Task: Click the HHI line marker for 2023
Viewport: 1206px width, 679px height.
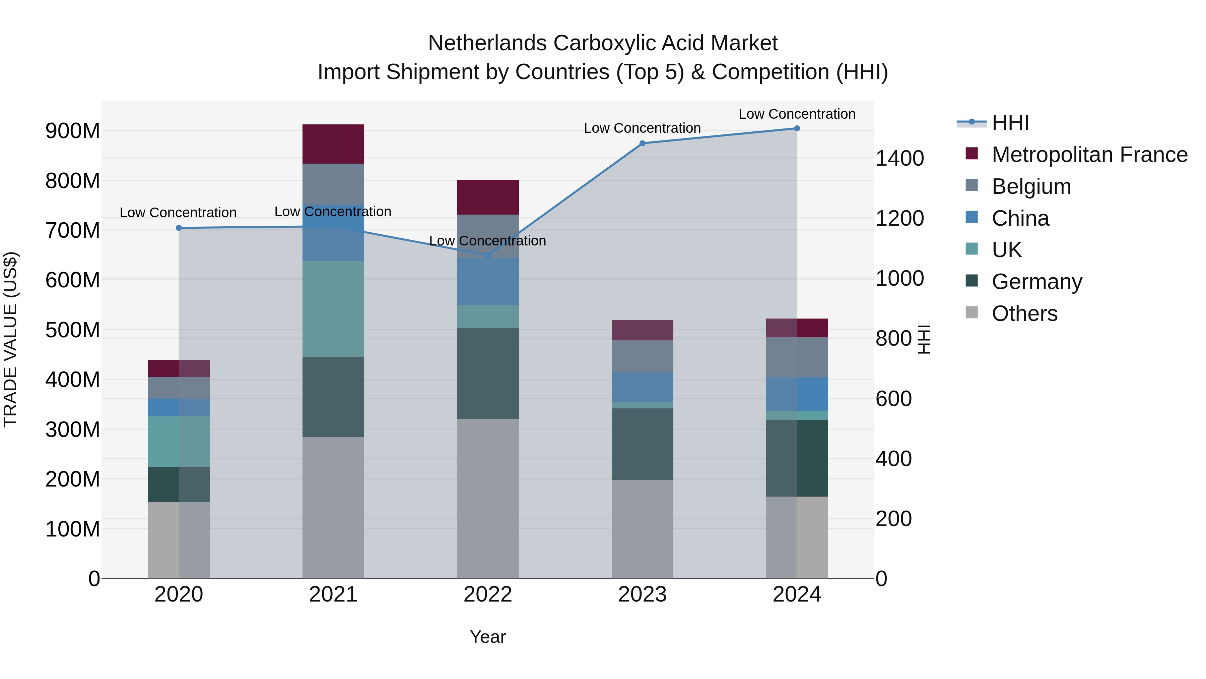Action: tap(642, 144)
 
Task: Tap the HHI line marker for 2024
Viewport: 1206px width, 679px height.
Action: tap(797, 128)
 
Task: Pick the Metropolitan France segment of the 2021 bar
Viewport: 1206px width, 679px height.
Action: tap(333, 144)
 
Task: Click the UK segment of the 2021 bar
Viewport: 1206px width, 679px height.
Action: tap(333, 309)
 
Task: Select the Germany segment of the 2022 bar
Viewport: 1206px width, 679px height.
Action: tap(487, 374)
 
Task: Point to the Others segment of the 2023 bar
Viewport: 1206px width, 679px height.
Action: tap(642, 528)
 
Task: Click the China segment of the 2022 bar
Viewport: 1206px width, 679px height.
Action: tap(487, 282)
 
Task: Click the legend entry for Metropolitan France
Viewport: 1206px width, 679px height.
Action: tap(1089, 155)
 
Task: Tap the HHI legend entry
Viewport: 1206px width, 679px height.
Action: tap(1010, 123)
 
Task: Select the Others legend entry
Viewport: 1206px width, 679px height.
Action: tap(1024, 314)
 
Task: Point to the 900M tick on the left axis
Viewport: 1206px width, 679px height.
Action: tap(73, 131)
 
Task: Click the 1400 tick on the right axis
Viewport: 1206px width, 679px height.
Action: tap(899, 158)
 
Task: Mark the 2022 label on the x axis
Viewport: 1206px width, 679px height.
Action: tap(487, 595)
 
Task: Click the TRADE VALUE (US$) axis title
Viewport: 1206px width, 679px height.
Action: tap(10, 339)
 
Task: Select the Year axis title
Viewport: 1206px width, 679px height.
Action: tap(487, 637)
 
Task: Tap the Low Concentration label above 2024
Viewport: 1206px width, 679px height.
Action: tap(797, 114)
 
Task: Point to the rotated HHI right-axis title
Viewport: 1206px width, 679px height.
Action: tap(924, 339)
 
